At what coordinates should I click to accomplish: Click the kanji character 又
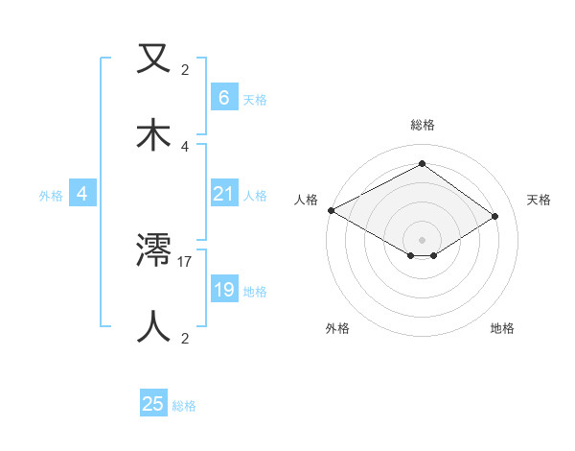(x=154, y=59)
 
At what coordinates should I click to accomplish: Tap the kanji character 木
(x=154, y=134)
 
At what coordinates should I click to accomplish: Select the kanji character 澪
(x=154, y=251)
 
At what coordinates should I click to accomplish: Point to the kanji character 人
(x=154, y=326)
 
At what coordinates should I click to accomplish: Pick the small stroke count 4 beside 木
(x=185, y=146)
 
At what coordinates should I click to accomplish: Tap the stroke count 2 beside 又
(x=185, y=70)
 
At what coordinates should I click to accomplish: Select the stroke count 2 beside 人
(x=185, y=338)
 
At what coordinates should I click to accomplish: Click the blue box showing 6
(x=223, y=97)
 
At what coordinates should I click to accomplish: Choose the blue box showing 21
(x=223, y=194)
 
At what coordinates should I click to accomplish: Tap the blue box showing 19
(x=223, y=290)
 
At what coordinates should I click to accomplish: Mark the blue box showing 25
(x=153, y=404)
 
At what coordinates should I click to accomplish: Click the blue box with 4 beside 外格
(x=81, y=194)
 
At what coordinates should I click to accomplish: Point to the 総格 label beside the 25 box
(x=184, y=406)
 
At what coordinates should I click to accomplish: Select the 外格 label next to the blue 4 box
(x=51, y=195)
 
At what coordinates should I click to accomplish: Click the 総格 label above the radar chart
(x=422, y=125)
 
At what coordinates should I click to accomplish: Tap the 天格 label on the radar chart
(x=540, y=200)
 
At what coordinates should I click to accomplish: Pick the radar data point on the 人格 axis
(x=331, y=210)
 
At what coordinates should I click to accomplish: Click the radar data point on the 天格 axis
(x=495, y=216)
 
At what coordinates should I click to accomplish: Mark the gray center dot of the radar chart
(x=422, y=239)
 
